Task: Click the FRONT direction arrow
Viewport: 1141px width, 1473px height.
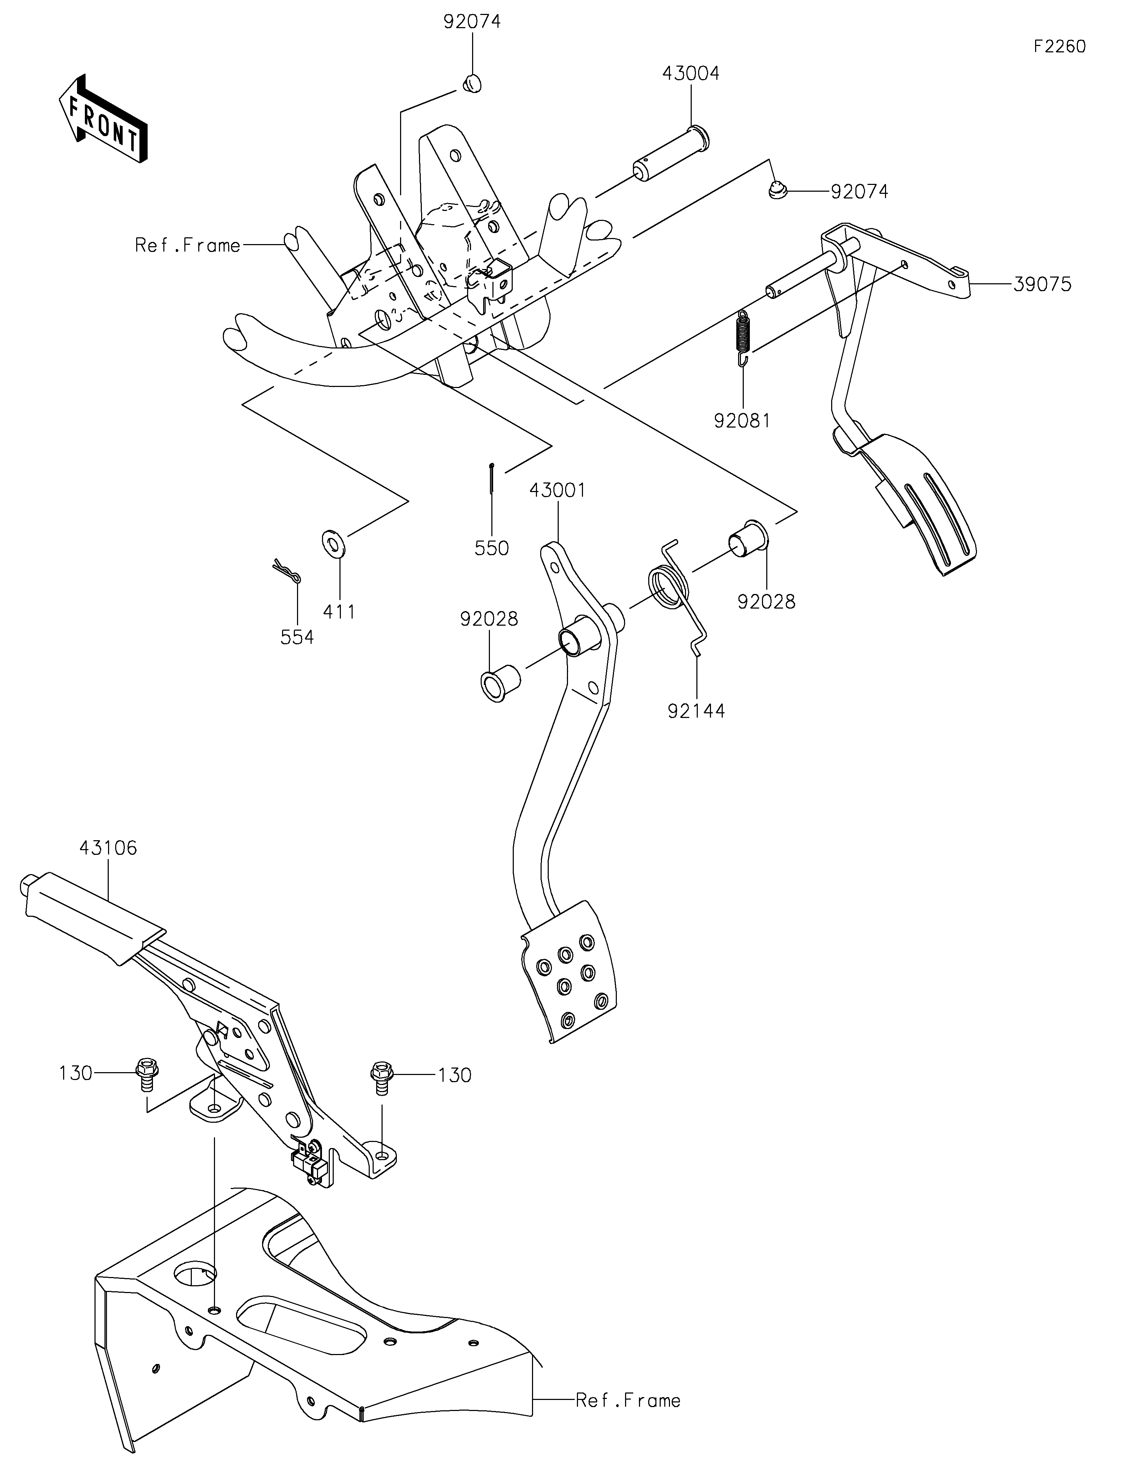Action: click(x=103, y=119)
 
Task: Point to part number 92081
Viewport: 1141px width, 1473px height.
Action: click(x=742, y=421)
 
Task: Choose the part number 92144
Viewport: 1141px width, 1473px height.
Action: click(x=696, y=711)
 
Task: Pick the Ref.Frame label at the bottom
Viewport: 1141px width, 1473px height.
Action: click(x=628, y=1401)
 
